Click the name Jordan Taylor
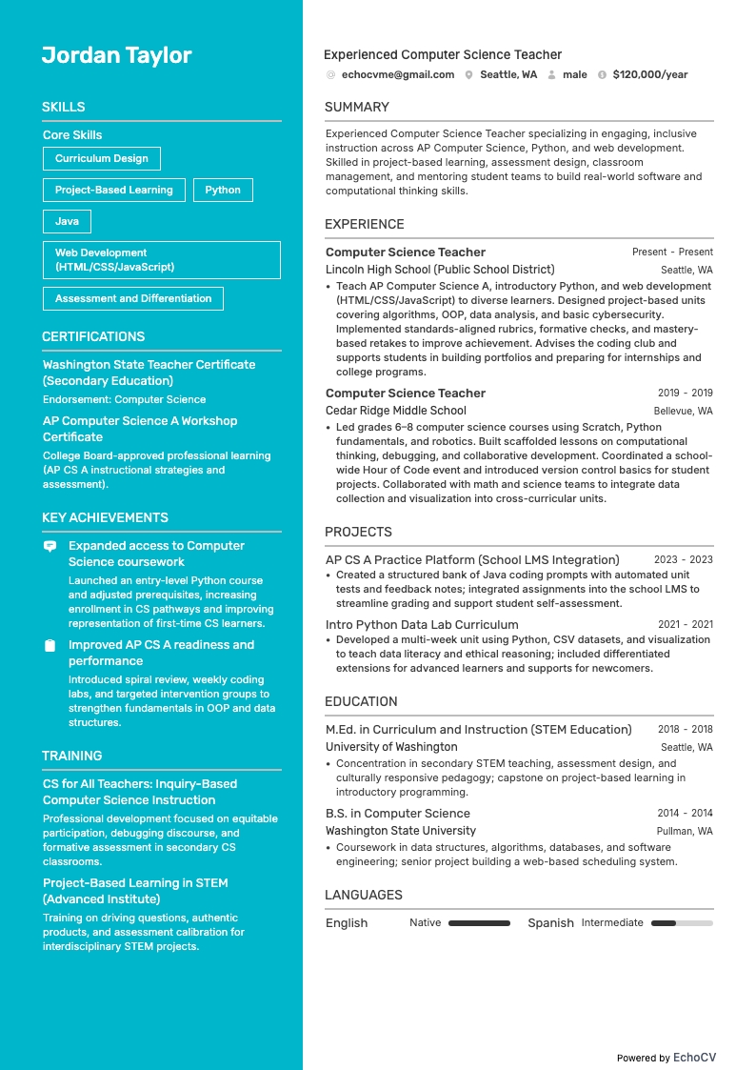(116, 55)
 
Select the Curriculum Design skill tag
(102, 158)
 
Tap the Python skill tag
(223, 190)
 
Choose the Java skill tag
(67, 221)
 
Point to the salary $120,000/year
(650, 74)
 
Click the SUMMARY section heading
(357, 107)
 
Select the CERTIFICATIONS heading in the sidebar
(93, 336)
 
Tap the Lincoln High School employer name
(440, 270)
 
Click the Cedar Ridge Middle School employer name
(396, 411)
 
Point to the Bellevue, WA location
(683, 412)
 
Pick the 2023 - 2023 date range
(683, 560)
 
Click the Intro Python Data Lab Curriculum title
(422, 625)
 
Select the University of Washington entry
(391, 747)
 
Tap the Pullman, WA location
(684, 832)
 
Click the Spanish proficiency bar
(682, 923)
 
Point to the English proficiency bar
(479, 923)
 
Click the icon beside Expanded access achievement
(50, 547)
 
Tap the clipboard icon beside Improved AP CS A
(50, 646)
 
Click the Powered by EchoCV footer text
(666, 1058)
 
